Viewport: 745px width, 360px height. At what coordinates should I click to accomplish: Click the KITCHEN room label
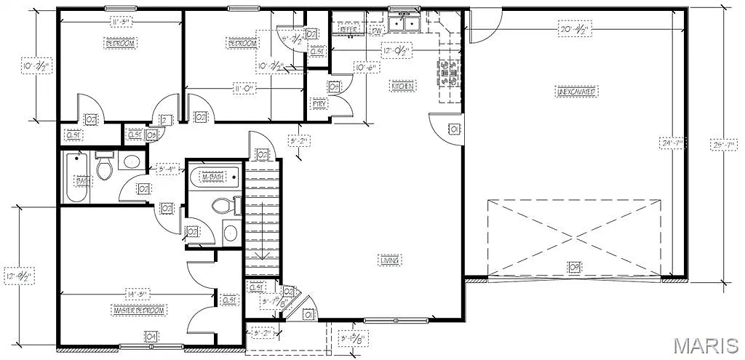click(x=402, y=86)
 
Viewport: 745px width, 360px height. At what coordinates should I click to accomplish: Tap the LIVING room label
click(x=391, y=260)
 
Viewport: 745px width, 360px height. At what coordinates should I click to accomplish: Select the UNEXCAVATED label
click(x=577, y=92)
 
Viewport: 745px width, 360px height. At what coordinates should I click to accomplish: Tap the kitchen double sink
click(x=403, y=25)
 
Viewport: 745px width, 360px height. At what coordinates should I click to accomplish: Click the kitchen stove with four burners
click(x=447, y=73)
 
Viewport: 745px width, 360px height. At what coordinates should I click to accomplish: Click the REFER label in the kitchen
click(x=348, y=30)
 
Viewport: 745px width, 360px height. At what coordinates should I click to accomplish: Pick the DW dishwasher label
click(x=376, y=31)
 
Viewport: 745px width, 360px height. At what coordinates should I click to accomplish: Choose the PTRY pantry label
click(x=319, y=104)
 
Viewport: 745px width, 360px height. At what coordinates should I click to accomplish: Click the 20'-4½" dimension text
click(x=573, y=30)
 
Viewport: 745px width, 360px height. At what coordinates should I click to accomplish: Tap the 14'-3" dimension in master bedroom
click(x=137, y=295)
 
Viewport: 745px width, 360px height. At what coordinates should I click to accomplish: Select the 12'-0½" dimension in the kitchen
click(x=397, y=51)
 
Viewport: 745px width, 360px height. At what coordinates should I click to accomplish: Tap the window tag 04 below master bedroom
click(x=151, y=336)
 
